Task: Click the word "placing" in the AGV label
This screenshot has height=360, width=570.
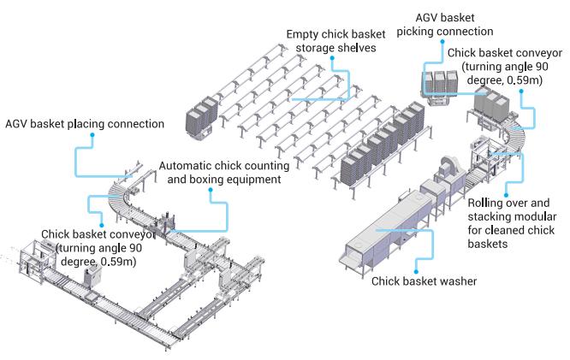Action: point(92,124)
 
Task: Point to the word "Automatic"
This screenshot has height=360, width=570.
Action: point(187,166)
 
